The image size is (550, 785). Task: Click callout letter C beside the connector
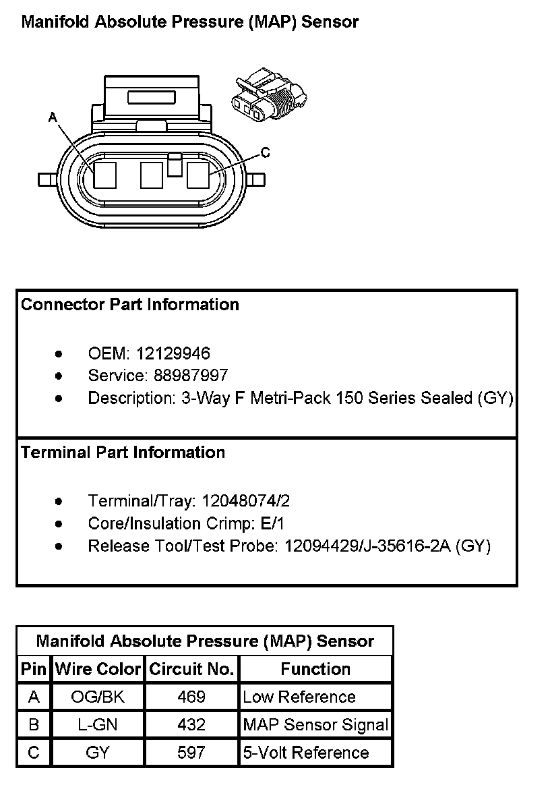click(265, 153)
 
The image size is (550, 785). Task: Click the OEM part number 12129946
click(173, 353)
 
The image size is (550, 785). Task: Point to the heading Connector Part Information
click(130, 304)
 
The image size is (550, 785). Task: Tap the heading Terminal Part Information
click(123, 452)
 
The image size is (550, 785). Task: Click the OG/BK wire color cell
click(98, 697)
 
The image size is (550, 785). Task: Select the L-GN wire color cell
click(98, 725)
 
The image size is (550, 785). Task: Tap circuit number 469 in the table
click(191, 697)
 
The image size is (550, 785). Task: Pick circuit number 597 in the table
click(191, 753)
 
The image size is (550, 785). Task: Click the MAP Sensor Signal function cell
click(315, 725)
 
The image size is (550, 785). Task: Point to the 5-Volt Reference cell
click(306, 753)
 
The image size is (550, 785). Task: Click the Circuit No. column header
click(191, 669)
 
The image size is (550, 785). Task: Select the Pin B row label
click(34, 725)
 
